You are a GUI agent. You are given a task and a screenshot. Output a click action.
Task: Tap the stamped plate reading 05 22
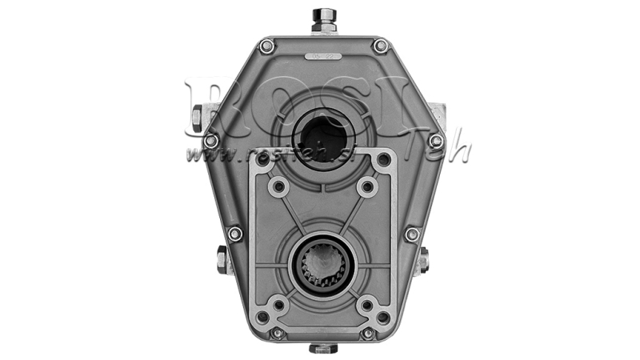[323, 57]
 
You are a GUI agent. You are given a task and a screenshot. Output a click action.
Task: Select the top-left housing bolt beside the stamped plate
[268, 46]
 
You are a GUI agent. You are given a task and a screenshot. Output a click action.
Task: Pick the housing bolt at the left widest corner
[211, 140]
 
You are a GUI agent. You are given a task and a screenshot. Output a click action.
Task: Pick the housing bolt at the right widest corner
[436, 140]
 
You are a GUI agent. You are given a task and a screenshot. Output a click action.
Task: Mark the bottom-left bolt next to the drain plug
[278, 333]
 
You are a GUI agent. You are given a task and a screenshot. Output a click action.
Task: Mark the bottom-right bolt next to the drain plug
[368, 333]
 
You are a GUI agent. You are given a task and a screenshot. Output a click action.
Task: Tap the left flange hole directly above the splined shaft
[279, 187]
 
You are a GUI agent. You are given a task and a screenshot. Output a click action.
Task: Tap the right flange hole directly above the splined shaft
[367, 187]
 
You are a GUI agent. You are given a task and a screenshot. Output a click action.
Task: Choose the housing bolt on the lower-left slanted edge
[234, 234]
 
